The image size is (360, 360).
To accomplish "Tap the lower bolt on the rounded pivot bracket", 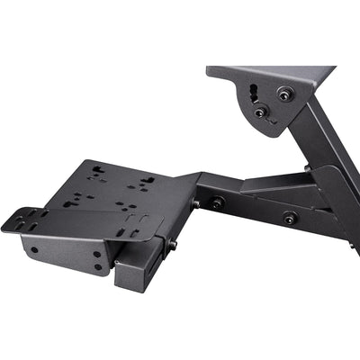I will tap(260, 112).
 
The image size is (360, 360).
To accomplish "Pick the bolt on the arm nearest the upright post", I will tap(289, 217).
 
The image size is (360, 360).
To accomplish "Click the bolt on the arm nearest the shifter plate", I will tap(217, 203).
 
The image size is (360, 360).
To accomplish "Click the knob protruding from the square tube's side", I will tap(172, 244).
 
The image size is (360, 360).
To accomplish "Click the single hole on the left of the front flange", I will tap(33, 249).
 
